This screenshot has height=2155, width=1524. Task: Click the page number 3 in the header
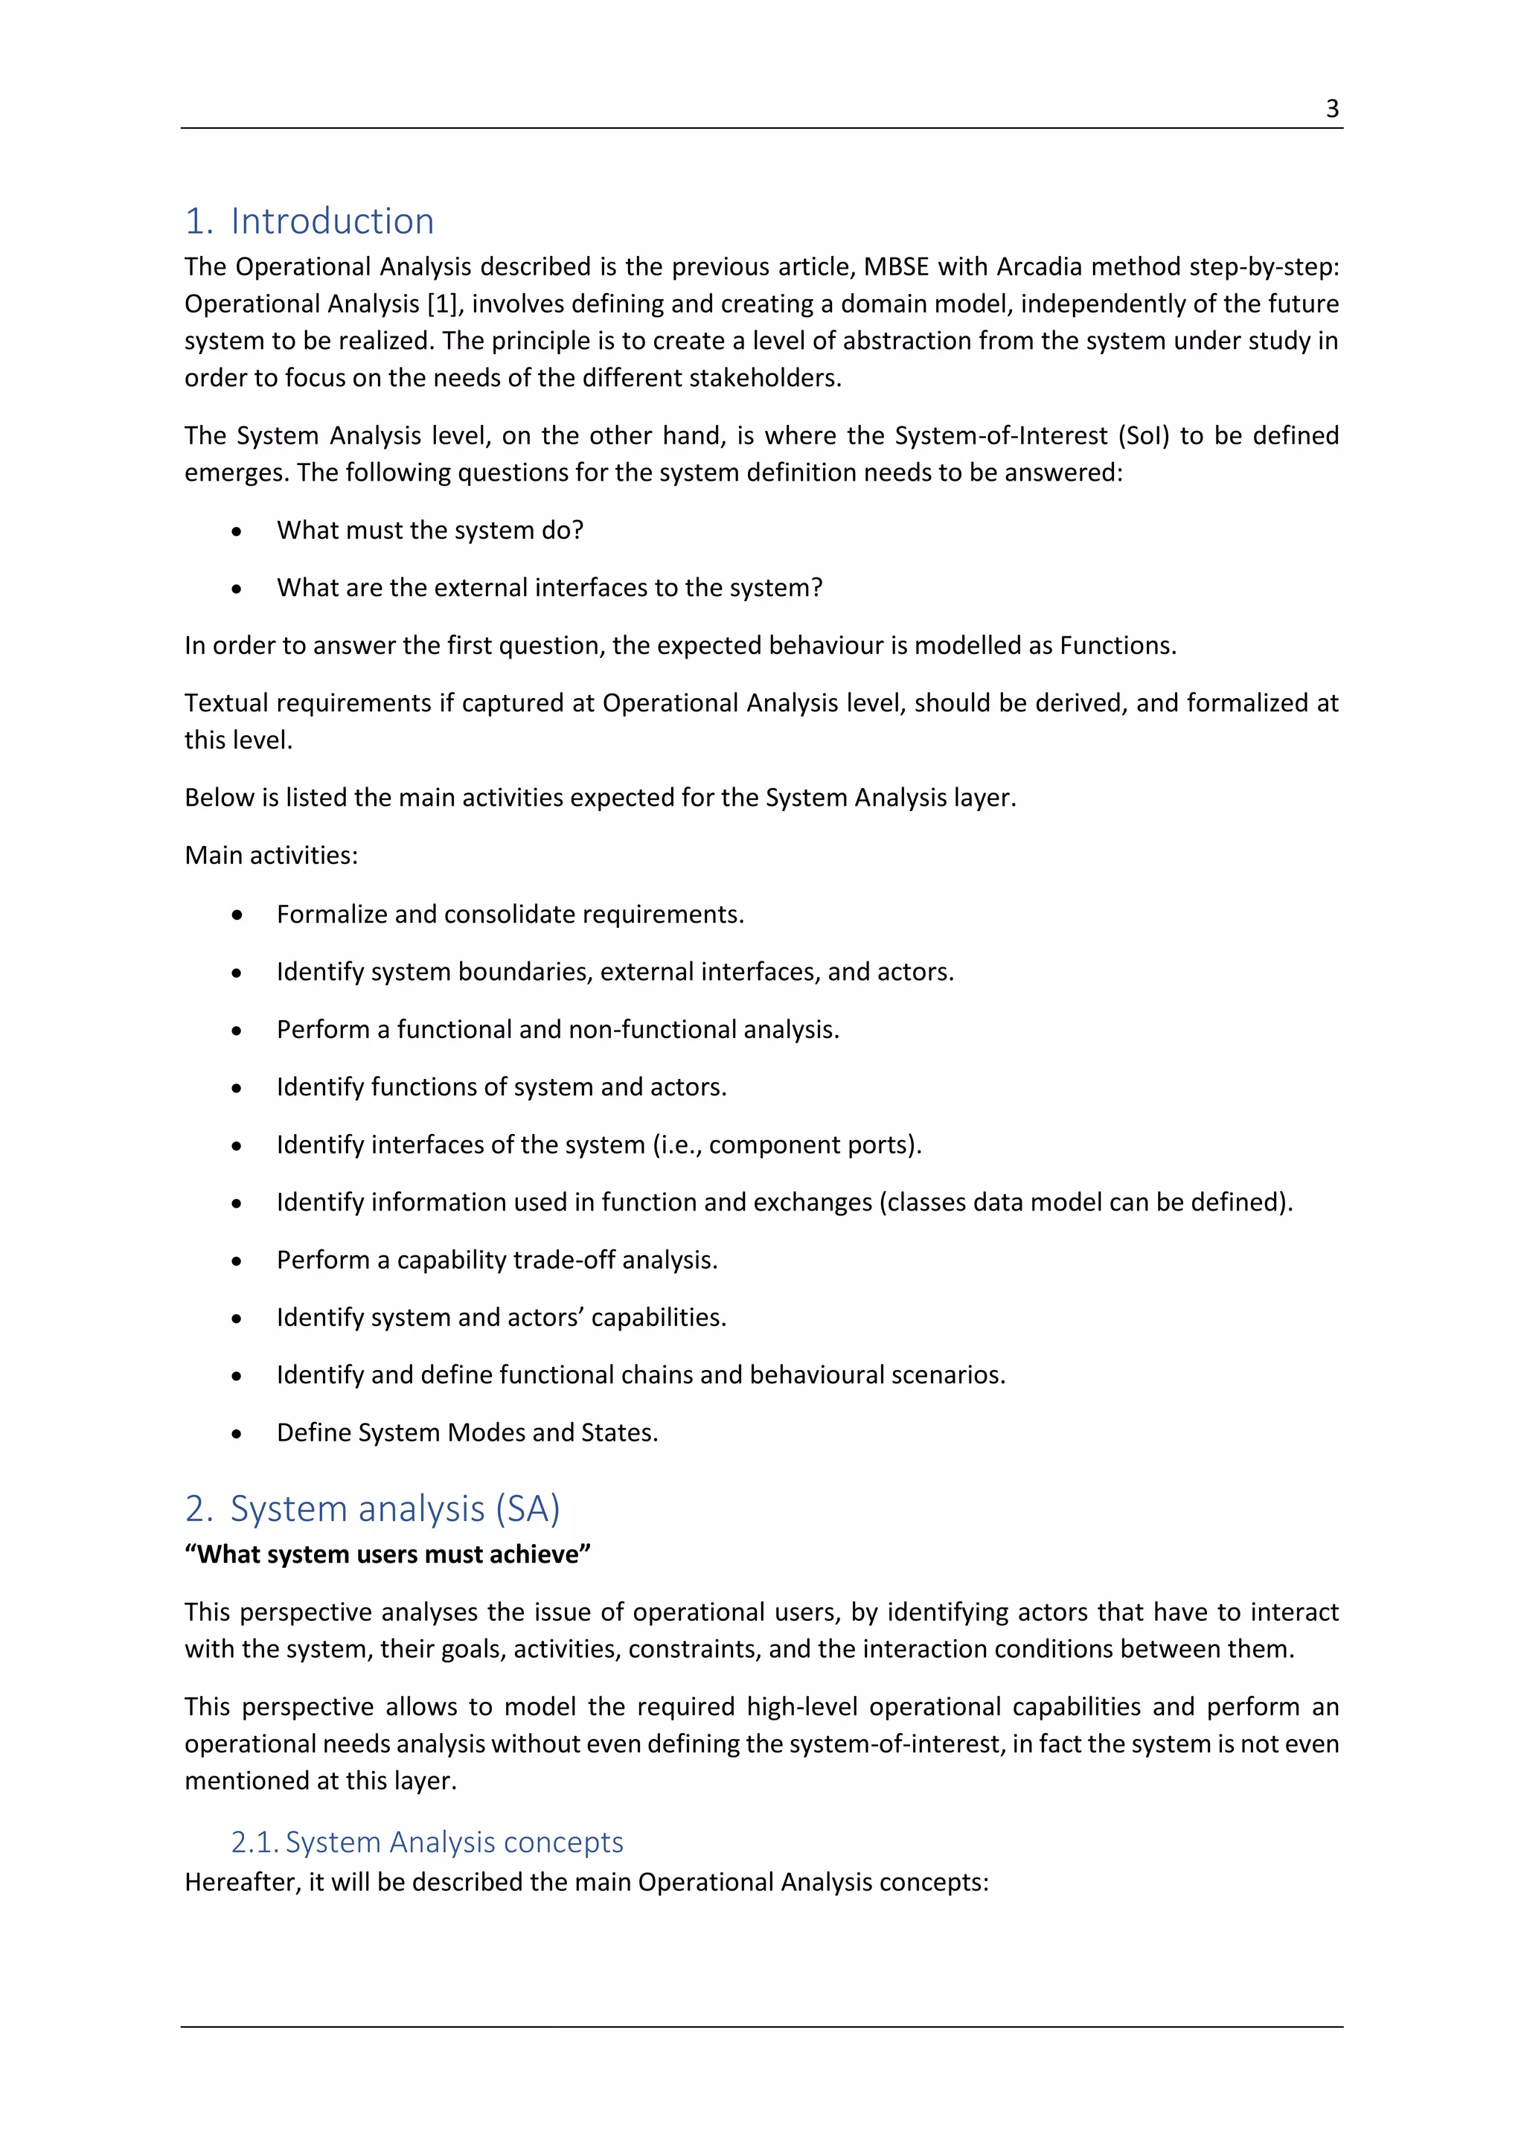pos(1331,109)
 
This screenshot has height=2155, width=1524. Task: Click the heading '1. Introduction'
pos(309,222)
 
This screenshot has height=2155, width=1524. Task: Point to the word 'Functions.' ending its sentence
pos(1117,646)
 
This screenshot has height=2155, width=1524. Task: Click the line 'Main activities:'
pos(271,855)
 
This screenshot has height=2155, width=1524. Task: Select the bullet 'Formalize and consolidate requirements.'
pos(510,915)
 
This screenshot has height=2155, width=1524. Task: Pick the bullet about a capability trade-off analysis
pos(496,1260)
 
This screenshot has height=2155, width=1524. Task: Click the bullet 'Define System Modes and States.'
pos(467,1432)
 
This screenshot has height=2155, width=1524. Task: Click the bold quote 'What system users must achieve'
pos(387,1554)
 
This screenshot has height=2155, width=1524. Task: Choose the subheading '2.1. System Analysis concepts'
pos(427,1842)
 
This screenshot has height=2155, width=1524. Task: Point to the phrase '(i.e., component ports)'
pos(787,1145)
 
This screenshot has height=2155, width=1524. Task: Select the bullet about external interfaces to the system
pos(549,588)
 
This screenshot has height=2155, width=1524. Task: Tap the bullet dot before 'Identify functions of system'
pos(237,1088)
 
